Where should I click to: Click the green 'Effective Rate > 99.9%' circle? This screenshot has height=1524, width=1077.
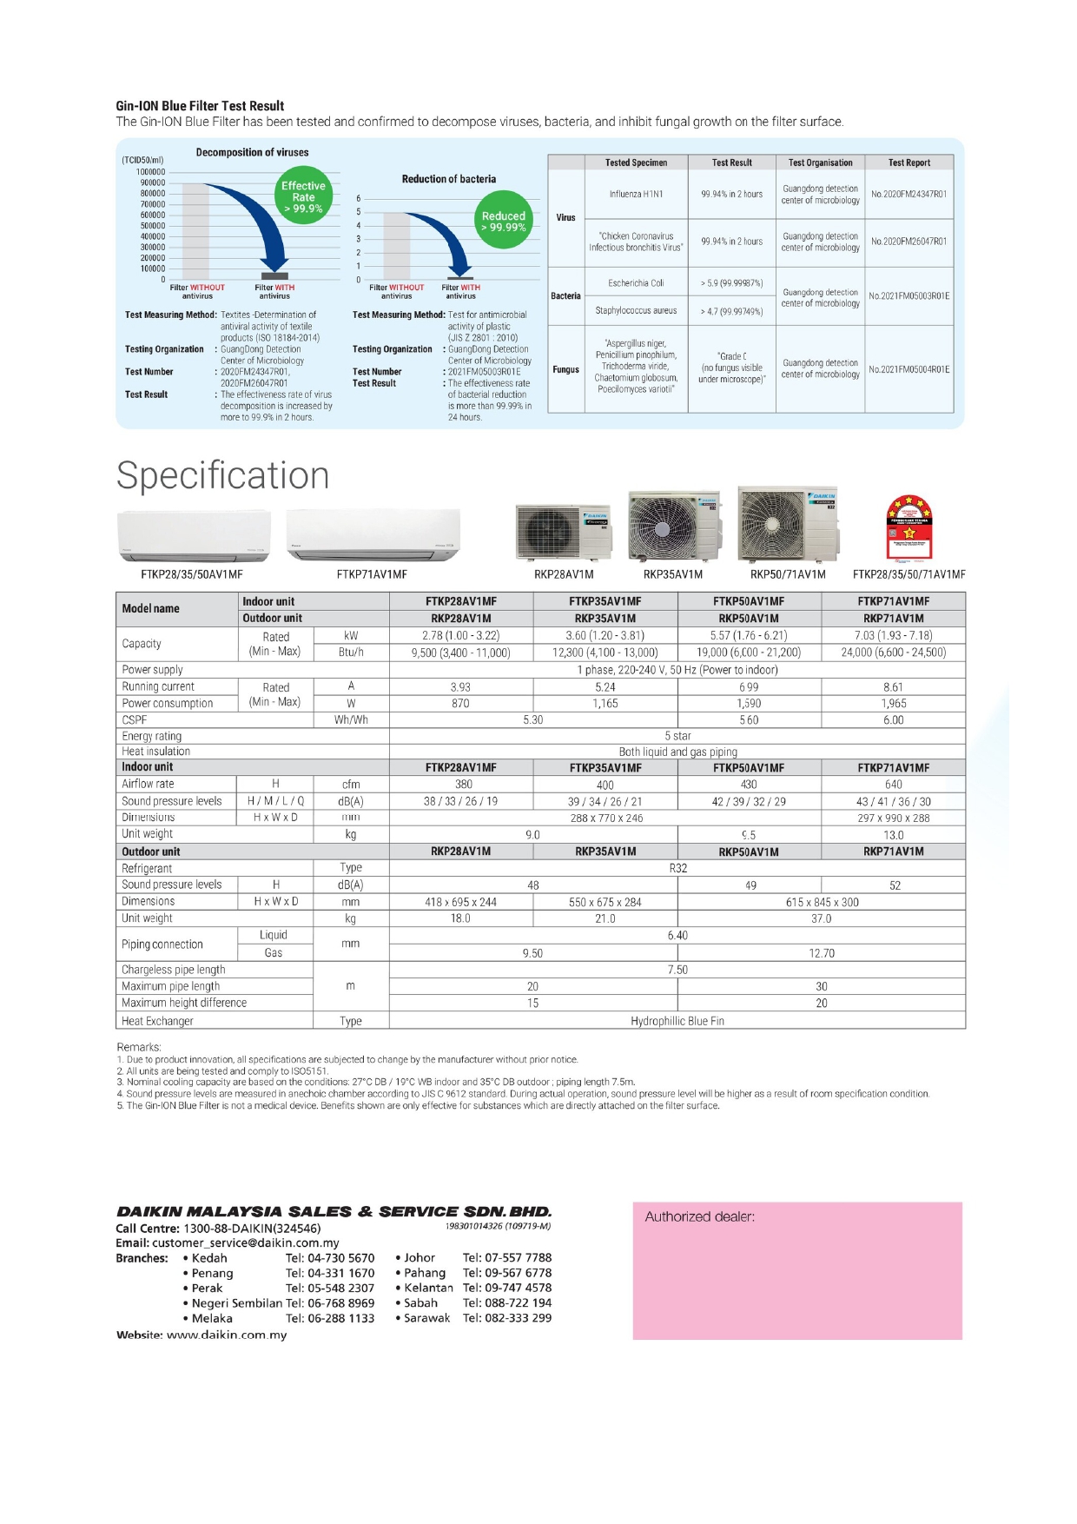(x=303, y=197)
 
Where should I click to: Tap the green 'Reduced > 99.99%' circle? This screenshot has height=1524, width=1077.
(x=503, y=221)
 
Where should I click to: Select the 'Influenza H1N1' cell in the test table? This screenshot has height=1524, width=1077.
(x=636, y=194)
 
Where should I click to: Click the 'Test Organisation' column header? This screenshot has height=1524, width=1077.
(x=820, y=162)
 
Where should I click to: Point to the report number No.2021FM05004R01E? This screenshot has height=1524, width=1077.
(x=909, y=369)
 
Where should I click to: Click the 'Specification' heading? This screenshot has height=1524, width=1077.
(x=223, y=475)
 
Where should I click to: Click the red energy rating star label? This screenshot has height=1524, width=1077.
(x=909, y=527)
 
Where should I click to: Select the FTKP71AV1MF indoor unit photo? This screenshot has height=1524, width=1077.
(x=373, y=535)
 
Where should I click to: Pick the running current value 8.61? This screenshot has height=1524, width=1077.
(x=893, y=686)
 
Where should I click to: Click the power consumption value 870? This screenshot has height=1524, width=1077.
(x=460, y=703)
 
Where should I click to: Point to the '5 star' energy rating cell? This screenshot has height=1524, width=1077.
(x=677, y=736)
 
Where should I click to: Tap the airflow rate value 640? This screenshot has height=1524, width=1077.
(x=893, y=784)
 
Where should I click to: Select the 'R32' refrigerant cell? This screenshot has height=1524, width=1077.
(x=677, y=868)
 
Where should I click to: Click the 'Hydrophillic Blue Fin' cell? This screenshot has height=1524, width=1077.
(x=677, y=1021)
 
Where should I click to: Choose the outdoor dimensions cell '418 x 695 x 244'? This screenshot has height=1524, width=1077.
(x=460, y=902)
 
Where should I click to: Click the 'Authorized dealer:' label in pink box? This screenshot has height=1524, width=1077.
(x=699, y=1217)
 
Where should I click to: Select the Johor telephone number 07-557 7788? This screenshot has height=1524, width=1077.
(x=507, y=1257)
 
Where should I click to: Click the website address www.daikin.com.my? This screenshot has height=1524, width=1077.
(x=227, y=1335)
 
